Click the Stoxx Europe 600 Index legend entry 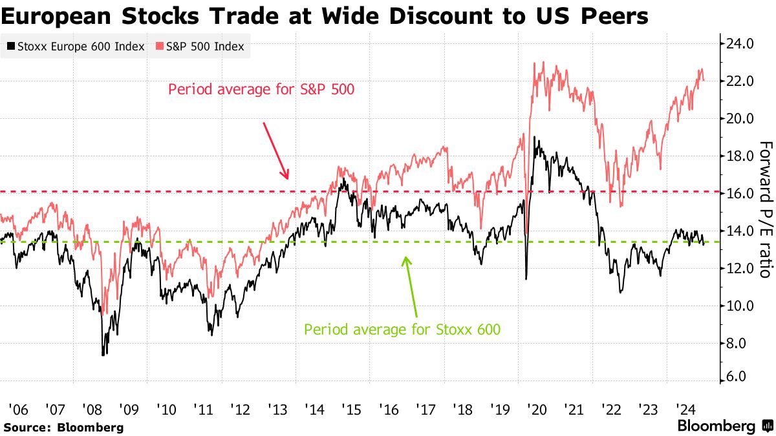tap(75, 47)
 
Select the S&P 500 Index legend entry tap(200, 47)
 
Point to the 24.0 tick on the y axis tap(740, 45)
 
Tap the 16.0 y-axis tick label tap(740, 194)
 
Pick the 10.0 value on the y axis tap(740, 306)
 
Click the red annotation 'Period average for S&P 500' tap(261, 89)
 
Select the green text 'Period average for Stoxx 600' tap(402, 329)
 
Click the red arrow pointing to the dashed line tap(275, 150)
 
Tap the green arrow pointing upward tap(411, 284)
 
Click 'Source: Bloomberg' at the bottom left tap(63, 427)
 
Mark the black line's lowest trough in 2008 tap(103, 354)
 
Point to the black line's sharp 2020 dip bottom tap(526, 278)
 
